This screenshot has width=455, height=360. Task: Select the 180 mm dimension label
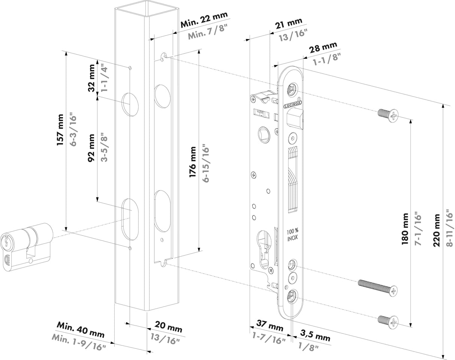click(x=405, y=229)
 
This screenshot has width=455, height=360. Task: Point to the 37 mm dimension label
click(x=270, y=325)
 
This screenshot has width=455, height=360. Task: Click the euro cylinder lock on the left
click(x=26, y=245)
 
